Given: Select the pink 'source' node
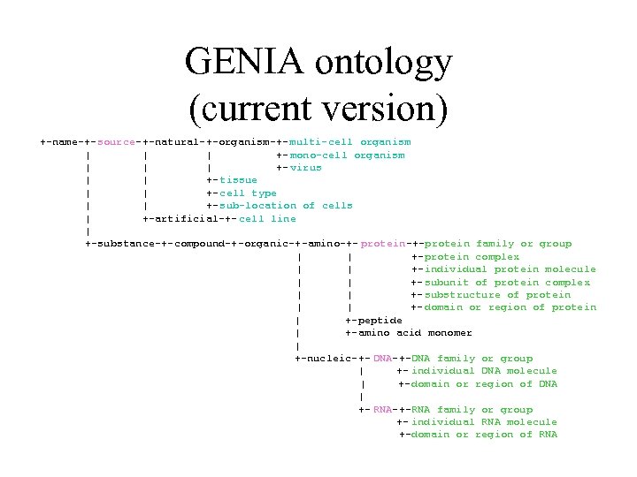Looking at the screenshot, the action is pos(117,142).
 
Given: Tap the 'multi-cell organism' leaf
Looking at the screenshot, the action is pos(350,142).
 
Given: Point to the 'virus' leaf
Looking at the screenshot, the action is pos(306,168).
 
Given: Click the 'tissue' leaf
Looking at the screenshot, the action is pos(238,180).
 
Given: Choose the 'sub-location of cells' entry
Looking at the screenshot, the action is pos(286,206).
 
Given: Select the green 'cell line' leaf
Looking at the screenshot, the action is pos(267,218).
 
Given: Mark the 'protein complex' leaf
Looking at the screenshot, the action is pos(472,257).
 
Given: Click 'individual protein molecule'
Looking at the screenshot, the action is pos(510,269).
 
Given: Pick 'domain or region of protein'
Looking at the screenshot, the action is pos(510,307).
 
